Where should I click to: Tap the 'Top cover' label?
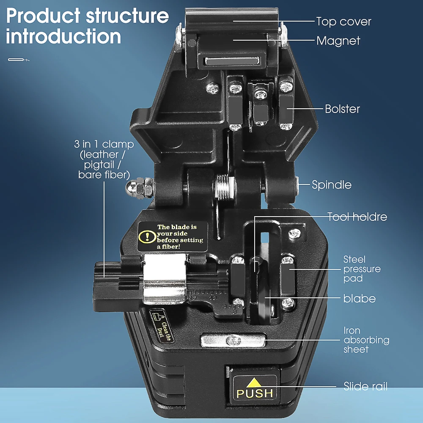point(343,22)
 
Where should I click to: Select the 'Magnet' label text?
point(338,41)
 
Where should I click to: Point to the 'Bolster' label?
point(342,109)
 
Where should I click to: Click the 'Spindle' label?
point(331,185)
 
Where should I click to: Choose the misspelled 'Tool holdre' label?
point(357,217)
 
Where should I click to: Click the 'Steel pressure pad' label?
point(362,269)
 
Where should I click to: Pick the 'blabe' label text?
point(359,299)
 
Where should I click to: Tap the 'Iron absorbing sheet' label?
point(366,340)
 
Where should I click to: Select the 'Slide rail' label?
point(365,386)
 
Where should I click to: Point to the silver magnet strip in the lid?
point(232,62)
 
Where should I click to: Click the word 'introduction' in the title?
point(63,37)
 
